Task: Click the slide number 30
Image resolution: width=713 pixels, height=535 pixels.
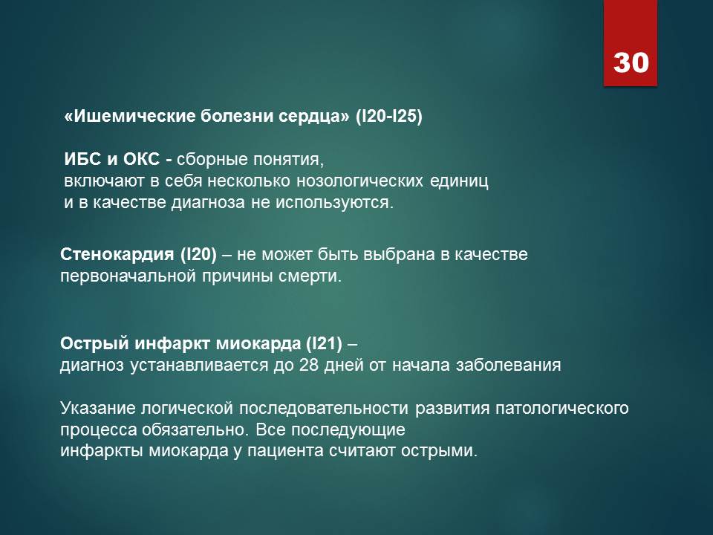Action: coord(631,62)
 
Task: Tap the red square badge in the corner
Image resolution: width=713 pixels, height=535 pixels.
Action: coord(631,43)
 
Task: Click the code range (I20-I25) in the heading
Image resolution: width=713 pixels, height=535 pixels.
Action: coord(388,117)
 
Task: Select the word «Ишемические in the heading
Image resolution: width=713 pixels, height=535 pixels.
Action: coord(130,117)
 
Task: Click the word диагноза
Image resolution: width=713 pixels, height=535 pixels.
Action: coord(208,202)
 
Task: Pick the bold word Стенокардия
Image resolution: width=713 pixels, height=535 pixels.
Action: coord(117,254)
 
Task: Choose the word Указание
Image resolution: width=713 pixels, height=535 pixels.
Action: coord(97,409)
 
